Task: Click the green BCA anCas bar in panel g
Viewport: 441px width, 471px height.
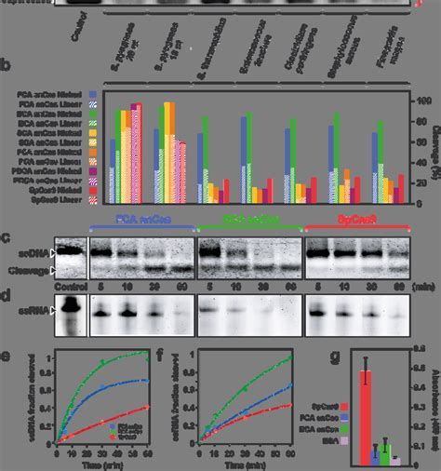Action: click(x=385, y=447)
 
